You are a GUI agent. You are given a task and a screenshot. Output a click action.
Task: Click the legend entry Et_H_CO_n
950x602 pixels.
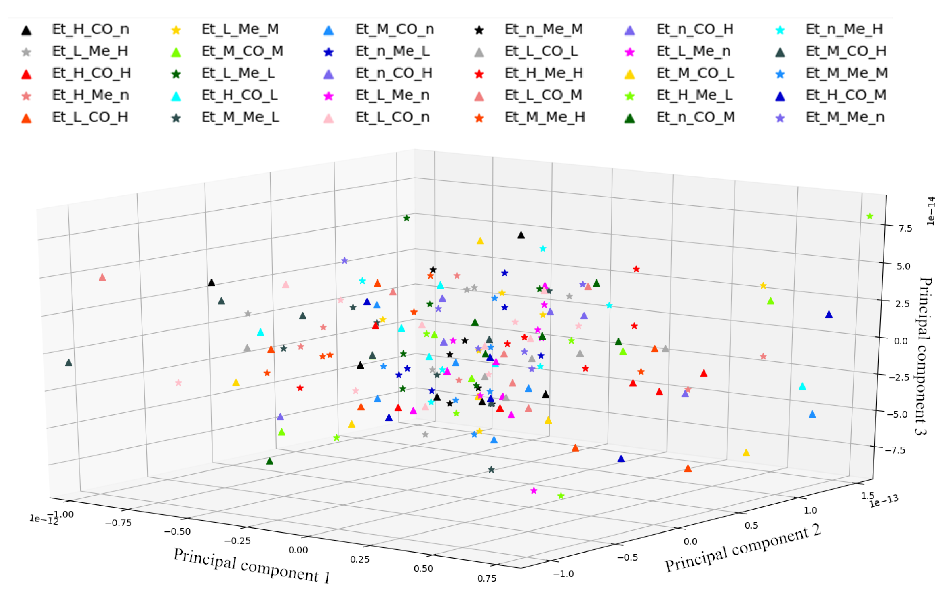90,29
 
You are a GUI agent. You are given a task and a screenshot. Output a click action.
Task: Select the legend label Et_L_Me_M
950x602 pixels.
240,29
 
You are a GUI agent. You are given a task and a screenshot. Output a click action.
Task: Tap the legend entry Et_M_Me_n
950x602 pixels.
845,117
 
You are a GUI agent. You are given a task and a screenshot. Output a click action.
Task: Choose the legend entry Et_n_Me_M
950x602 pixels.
544,29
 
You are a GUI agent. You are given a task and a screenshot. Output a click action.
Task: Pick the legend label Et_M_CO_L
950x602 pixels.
695,73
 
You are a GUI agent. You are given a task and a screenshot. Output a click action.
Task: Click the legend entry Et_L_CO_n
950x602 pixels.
392,117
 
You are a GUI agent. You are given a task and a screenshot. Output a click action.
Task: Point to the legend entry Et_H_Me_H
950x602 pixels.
544,73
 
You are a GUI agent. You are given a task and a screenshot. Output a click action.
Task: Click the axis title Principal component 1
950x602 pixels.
251,566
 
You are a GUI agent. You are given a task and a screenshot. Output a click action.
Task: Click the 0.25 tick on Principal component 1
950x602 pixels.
359,559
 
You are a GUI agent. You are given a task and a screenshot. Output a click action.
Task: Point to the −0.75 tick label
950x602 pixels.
118,523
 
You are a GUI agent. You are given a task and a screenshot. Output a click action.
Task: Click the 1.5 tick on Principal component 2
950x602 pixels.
867,496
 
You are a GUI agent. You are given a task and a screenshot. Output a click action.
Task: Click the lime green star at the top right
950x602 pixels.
869,216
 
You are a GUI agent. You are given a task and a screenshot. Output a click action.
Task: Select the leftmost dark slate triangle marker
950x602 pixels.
69,363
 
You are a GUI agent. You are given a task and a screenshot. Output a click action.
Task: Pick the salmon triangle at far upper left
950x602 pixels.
102,277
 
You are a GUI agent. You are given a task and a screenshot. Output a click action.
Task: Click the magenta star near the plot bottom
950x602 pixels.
533,491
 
